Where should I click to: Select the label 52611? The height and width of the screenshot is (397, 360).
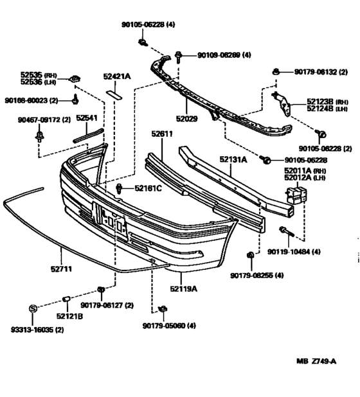162,134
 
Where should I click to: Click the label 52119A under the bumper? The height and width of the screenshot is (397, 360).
184,288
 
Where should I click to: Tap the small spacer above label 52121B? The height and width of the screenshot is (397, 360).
66,299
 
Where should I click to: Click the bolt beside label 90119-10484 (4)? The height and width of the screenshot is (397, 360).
283,229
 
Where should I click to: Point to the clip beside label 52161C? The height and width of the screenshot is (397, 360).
121,188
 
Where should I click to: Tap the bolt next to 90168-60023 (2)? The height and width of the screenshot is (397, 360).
76,99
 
